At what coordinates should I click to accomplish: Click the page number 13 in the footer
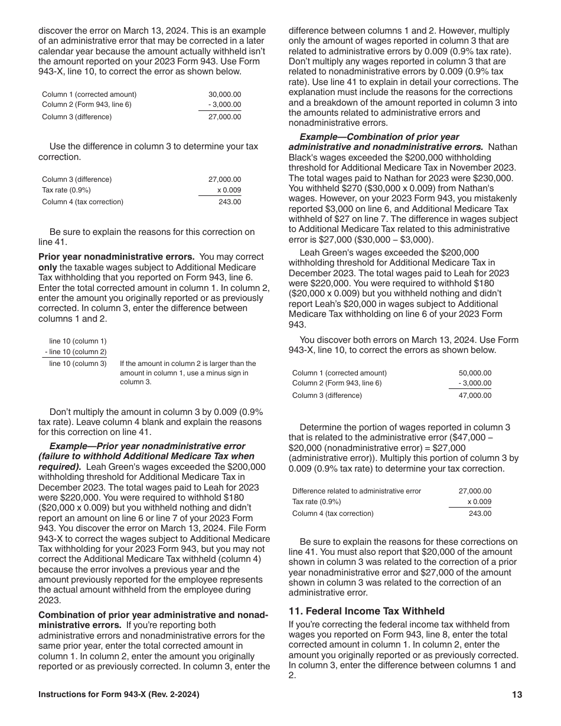(517, 695)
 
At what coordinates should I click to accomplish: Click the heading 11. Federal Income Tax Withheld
(366, 611)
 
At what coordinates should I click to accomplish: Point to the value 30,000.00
(224, 94)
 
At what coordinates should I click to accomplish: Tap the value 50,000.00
(475, 373)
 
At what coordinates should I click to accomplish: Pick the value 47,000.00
(475, 395)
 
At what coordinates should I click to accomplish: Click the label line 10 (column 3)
(78, 364)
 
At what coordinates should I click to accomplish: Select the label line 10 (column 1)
(78, 341)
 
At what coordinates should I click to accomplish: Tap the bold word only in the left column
(48, 267)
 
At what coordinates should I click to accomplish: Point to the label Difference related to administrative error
(357, 491)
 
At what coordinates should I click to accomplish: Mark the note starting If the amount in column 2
(188, 372)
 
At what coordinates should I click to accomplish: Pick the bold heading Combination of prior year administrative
(153, 615)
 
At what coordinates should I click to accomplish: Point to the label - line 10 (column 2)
(76, 352)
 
